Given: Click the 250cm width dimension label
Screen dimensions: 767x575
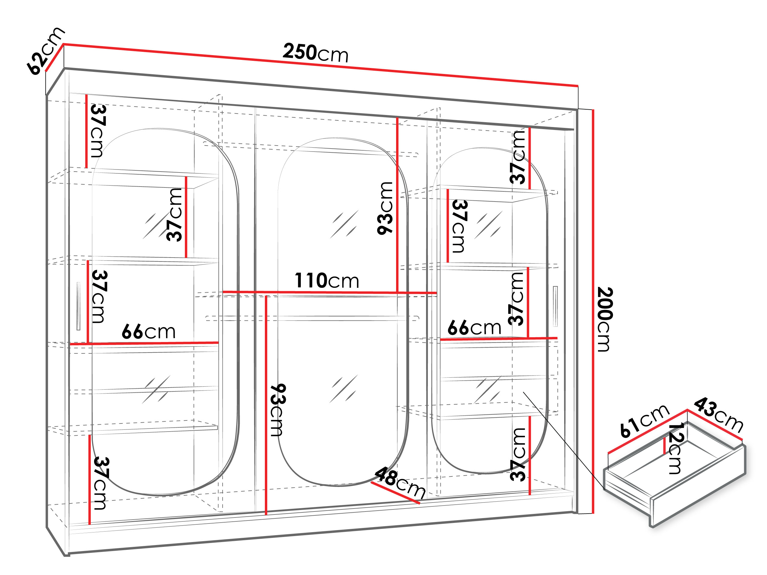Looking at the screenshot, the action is [x=315, y=53].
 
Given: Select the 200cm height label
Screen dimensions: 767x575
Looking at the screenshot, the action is [x=605, y=319].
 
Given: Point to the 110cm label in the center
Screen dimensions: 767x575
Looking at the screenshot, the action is [x=327, y=280].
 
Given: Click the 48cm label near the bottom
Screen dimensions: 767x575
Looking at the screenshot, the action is [x=400, y=482].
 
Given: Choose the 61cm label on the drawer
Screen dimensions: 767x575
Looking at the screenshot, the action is [x=644, y=421].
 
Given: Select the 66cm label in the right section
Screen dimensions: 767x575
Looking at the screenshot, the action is [x=474, y=327].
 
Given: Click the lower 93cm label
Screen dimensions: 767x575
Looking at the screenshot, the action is [x=277, y=410].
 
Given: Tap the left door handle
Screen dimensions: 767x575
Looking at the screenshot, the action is [x=78, y=306].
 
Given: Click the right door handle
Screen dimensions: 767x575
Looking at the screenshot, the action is [x=555, y=306].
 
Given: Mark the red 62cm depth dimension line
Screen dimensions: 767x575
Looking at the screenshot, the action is [x=55, y=57].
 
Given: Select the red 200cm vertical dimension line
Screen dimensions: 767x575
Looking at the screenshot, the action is [x=593, y=311].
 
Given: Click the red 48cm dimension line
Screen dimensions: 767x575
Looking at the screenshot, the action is [x=395, y=492].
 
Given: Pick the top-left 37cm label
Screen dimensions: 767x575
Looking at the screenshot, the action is [x=98, y=131].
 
